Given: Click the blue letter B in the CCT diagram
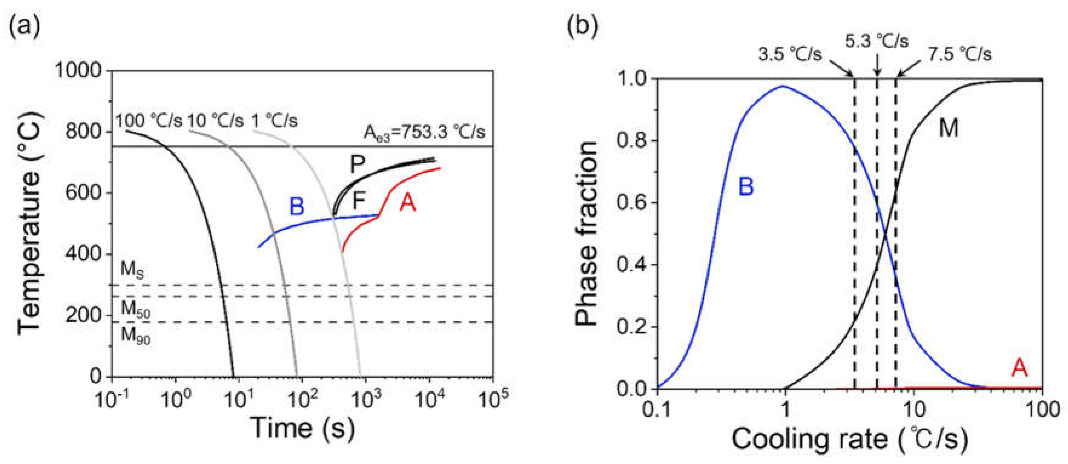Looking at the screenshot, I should (x=297, y=206).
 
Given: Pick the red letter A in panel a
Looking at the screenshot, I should (x=408, y=203).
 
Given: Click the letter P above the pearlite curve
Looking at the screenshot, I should (x=357, y=165).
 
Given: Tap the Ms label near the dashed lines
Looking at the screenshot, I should (x=132, y=270).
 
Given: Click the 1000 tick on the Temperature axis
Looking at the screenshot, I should (x=83, y=71).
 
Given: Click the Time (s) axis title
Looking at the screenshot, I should (x=303, y=428).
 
